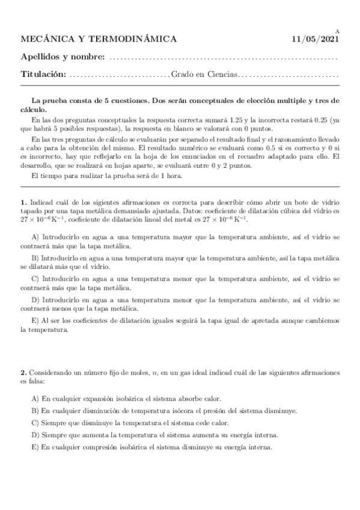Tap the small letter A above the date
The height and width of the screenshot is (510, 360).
pos(337,31)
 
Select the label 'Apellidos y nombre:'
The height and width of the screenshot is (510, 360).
pos(63,57)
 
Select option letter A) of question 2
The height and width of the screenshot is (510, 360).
pos(35,399)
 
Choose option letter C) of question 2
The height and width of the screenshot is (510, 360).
pos(35,423)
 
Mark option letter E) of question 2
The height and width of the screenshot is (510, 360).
pos(35,447)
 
